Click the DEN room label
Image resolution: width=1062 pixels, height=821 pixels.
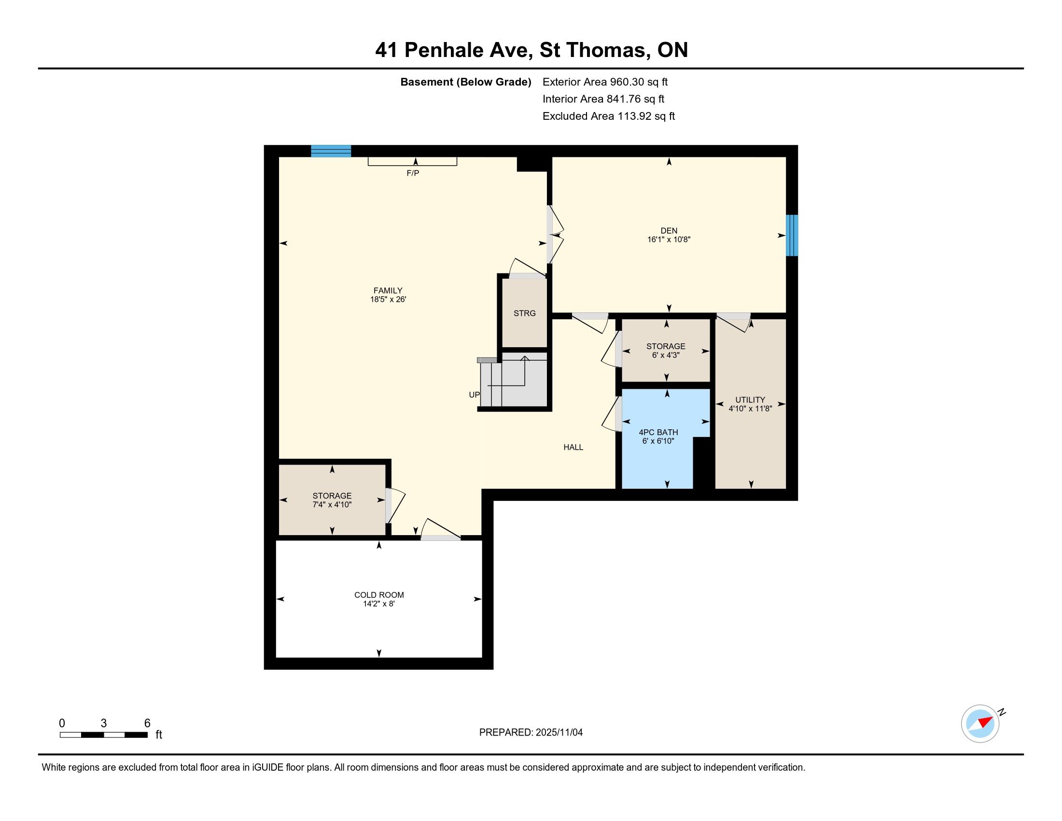pos(669,230)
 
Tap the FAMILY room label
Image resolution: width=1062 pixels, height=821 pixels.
pos(388,290)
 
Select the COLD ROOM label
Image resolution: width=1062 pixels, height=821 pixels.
pos(379,595)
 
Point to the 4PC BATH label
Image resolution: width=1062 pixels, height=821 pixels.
pos(658,432)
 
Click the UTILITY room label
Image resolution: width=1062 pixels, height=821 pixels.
pos(750,400)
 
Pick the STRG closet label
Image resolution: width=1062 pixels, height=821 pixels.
pos(525,313)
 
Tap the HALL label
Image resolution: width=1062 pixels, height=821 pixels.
pos(573,447)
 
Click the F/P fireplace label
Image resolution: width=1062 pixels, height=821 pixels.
pos(413,173)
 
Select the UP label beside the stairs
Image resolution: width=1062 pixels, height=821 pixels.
pos(474,395)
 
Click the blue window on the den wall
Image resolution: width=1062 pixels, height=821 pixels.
pos(792,235)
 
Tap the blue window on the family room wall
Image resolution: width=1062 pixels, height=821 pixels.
pos(331,151)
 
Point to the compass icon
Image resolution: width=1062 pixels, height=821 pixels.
pos(980,723)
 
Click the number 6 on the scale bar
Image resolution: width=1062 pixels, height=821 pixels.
pos(147,723)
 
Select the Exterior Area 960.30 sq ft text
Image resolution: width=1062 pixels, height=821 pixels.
pos(605,82)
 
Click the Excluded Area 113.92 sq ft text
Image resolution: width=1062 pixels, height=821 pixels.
pos(608,116)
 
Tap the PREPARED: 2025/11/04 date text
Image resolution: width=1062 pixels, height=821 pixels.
pos(531,732)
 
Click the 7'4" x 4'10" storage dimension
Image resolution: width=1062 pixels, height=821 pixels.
pos(332,504)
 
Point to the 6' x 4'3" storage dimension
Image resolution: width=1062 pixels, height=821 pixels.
pos(666,355)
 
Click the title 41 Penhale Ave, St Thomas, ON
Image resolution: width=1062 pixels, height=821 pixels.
pos(531,50)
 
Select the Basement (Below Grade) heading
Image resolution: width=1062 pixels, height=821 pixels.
pos(465,82)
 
